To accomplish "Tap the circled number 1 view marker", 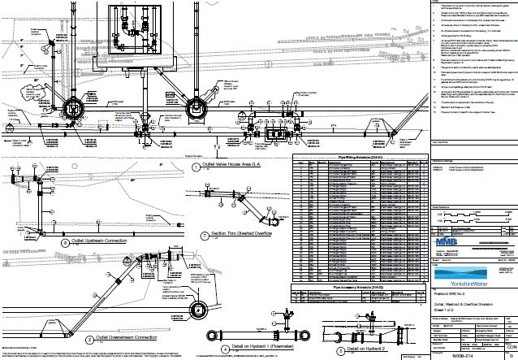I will click(x=195, y=168).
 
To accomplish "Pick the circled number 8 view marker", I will click(x=66, y=242).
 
